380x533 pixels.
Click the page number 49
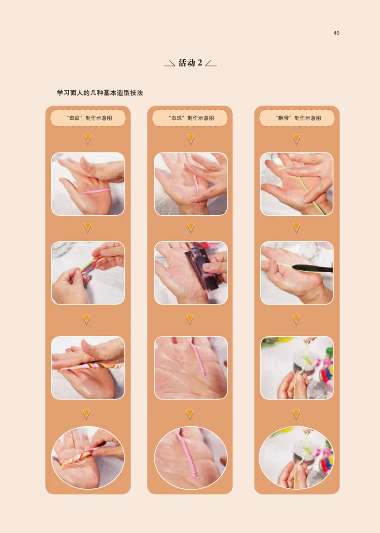[336, 33]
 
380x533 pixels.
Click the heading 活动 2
[190, 63]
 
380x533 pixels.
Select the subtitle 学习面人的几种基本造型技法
[100, 93]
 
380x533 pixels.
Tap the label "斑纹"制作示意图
[88, 118]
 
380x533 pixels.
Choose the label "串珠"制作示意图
[190, 118]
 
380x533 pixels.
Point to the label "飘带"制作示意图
[298, 118]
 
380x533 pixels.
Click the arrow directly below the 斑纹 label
[88, 139]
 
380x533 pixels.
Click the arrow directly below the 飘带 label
[297, 139]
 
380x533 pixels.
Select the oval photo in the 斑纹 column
[88, 457]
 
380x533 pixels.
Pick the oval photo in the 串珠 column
[190, 457]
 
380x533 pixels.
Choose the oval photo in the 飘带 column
[296, 457]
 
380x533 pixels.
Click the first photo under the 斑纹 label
[88, 184]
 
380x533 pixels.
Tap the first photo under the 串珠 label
[190, 184]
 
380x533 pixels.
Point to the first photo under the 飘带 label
[297, 184]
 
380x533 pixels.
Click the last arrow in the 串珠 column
[190, 414]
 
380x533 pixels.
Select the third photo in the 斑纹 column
[88, 368]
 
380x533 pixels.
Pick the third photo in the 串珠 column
[190, 368]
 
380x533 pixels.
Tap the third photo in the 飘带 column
[297, 368]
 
